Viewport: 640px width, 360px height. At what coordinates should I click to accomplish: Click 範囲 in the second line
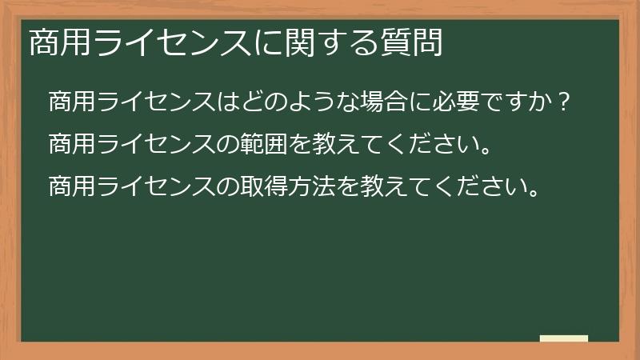[265, 146]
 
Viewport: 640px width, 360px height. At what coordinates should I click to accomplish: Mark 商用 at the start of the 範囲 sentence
[72, 146]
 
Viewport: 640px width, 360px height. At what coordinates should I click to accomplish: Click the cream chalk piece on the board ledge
[564, 338]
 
